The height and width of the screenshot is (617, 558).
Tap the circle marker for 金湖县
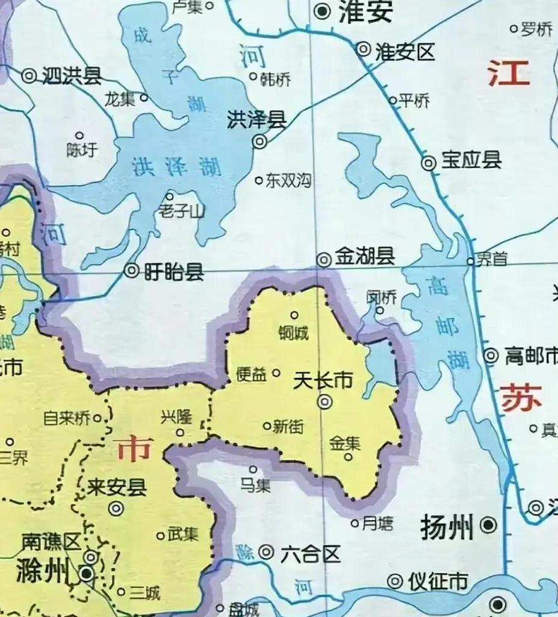(x=324, y=259)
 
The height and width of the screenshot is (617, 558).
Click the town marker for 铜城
(x=294, y=315)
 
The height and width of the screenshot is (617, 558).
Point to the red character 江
(x=509, y=74)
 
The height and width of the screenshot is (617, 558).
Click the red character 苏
(x=520, y=399)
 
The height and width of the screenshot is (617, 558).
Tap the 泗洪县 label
(x=71, y=76)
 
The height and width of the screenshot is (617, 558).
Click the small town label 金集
(x=345, y=444)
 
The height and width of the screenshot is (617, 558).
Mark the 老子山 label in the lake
(x=181, y=211)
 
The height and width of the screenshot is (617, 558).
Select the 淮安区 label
(x=405, y=52)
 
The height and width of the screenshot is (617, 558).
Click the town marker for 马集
(x=253, y=469)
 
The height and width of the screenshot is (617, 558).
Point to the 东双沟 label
(x=289, y=180)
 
